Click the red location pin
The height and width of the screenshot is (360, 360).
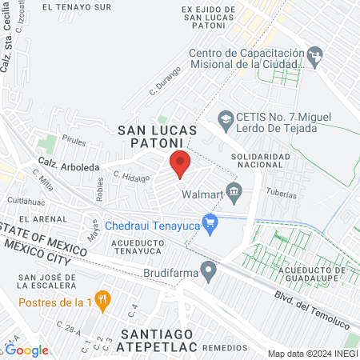click(180, 163)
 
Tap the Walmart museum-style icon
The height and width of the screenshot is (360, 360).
click(234, 190)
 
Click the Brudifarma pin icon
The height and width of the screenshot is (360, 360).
click(209, 272)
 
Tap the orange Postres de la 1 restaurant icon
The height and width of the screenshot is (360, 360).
click(102, 300)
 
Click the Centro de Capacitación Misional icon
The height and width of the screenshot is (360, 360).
click(314, 56)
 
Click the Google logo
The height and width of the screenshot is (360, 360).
click(28, 350)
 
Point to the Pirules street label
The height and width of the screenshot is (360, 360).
click(74, 140)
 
